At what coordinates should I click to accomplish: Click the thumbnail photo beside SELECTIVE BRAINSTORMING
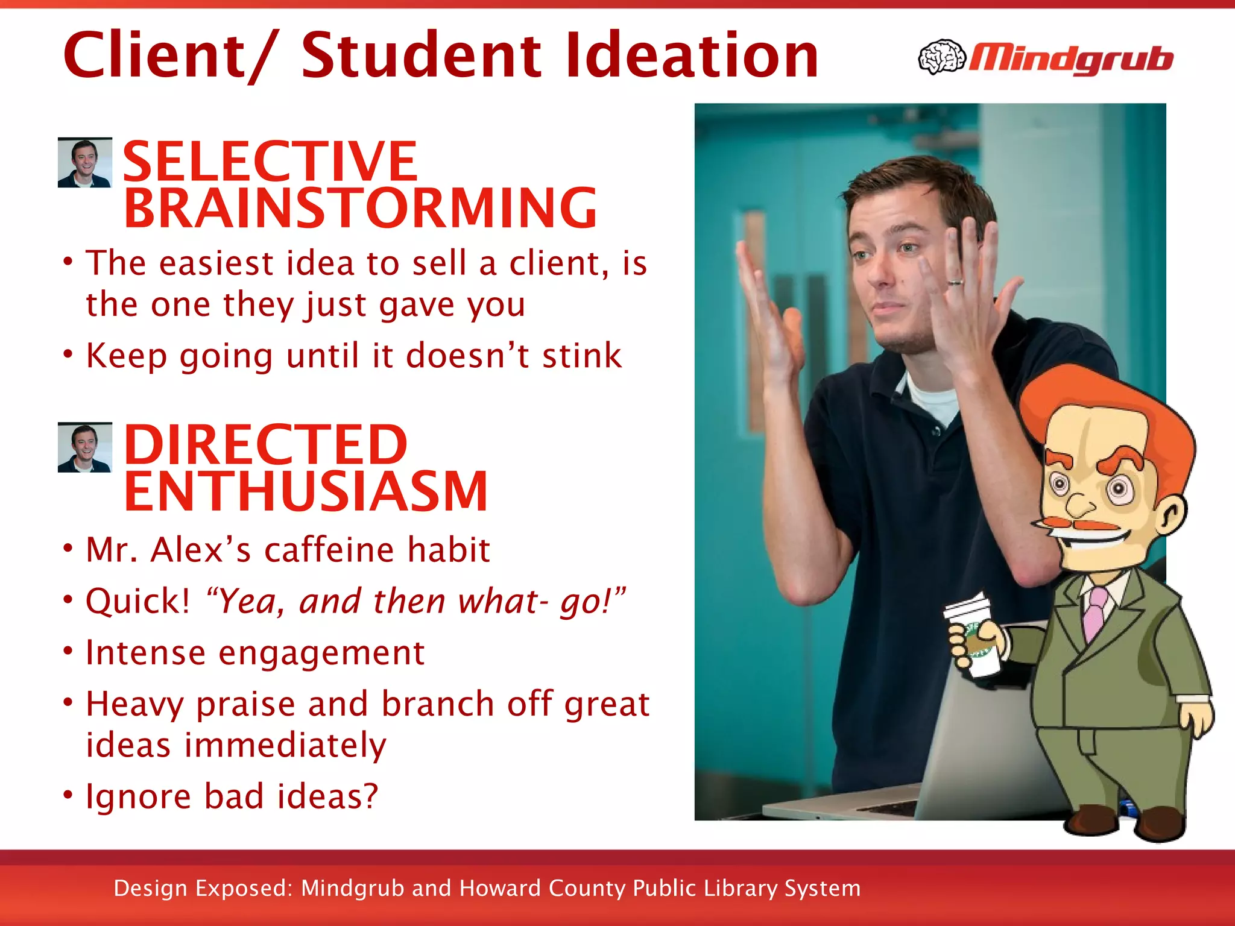pos(84,162)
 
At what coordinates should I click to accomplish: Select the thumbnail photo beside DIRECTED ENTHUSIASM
pos(84,447)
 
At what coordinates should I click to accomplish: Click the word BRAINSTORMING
pos(360,209)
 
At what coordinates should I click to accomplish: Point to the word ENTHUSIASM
pos(306,492)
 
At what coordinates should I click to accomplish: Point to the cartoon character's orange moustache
pos(1079,524)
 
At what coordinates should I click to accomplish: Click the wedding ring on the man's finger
pos(955,281)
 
